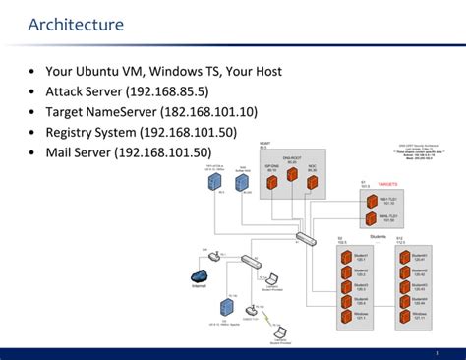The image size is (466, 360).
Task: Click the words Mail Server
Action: tap(78, 151)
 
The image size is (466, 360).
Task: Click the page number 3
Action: tap(437, 352)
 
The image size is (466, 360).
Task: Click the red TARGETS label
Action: tap(387, 184)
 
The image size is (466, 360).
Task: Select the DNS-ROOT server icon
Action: tap(290, 178)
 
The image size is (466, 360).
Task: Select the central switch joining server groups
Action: tap(306, 239)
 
